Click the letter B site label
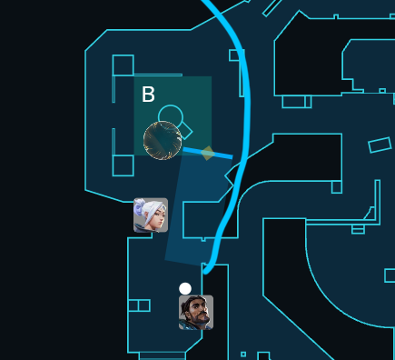148,94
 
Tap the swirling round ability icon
163,140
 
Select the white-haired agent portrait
151,215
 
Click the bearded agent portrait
196,313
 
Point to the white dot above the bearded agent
185,288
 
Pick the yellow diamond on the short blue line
208,153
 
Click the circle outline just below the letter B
169,115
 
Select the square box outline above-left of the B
122,65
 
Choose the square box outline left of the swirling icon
123,165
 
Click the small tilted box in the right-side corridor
379,144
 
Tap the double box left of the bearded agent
139,305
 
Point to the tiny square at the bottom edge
242,354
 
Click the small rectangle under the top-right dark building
296,102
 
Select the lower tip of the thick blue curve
206,270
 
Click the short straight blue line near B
207,153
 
